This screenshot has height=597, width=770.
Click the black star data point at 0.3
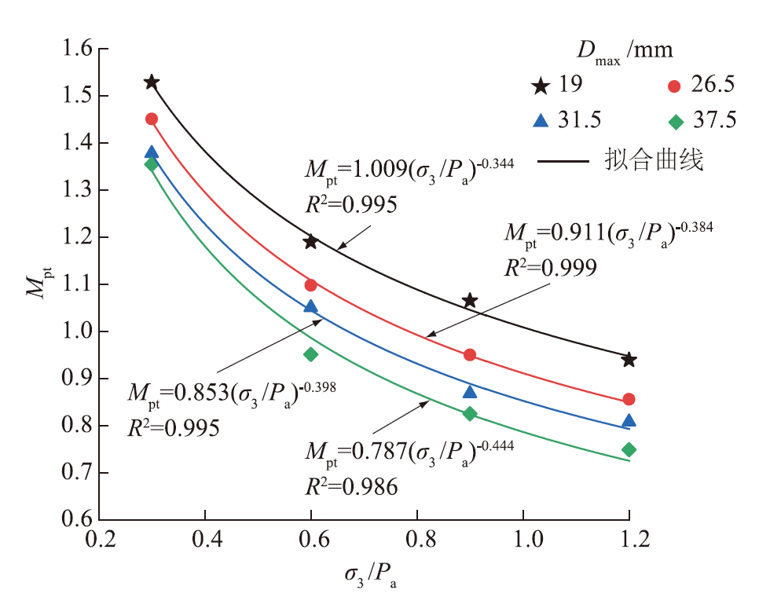click(152, 82)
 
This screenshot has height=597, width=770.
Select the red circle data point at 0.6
click(310, 284)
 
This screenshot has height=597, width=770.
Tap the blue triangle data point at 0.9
click(470, 392)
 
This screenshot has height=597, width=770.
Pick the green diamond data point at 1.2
click(629, 449)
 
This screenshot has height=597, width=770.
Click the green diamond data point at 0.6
click(310, 354)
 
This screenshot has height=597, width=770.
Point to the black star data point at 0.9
click(470, 300)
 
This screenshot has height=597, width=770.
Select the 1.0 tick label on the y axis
click(74, 331)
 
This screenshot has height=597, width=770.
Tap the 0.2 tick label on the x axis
click(98, 540)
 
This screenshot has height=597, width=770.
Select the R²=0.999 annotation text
click(549, 269)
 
